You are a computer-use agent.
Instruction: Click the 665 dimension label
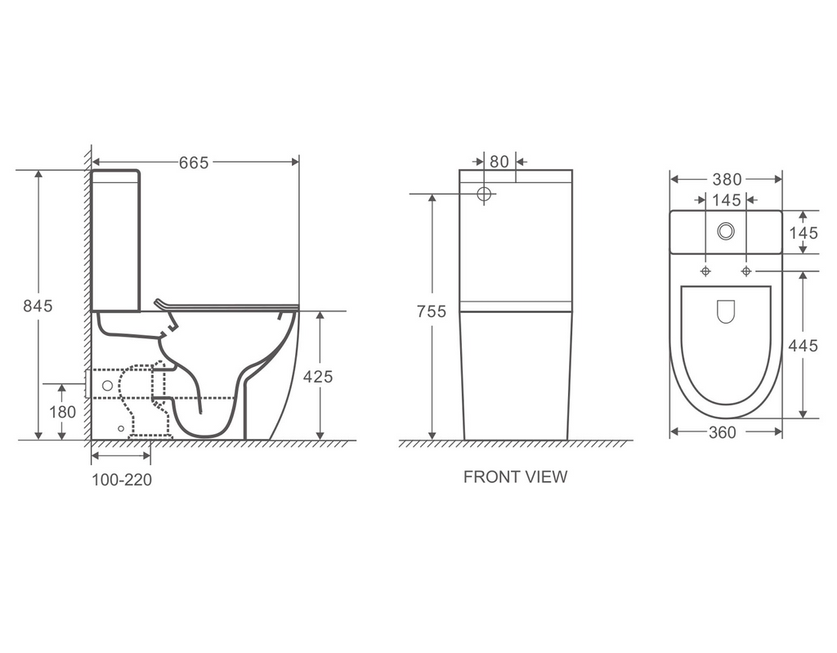(195, 163)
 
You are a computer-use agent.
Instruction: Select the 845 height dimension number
(38, 306)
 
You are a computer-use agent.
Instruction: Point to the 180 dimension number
(62, 412)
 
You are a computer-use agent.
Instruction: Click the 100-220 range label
(121, 481)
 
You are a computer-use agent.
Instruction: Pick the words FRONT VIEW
(515, 476)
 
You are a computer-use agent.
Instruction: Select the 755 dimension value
(431, 311)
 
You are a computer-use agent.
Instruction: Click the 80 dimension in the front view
(499, 162)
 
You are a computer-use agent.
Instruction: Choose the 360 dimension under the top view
(722, 432)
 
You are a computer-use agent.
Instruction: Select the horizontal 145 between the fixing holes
(726, 200)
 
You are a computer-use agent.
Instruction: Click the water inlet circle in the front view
(485, 195)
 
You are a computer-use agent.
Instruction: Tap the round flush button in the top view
(726, 231)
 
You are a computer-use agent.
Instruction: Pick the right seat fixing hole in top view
(745, 271)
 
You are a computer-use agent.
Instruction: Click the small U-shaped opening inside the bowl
(726, 311)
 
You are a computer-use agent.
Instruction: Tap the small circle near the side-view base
(121, 428)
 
